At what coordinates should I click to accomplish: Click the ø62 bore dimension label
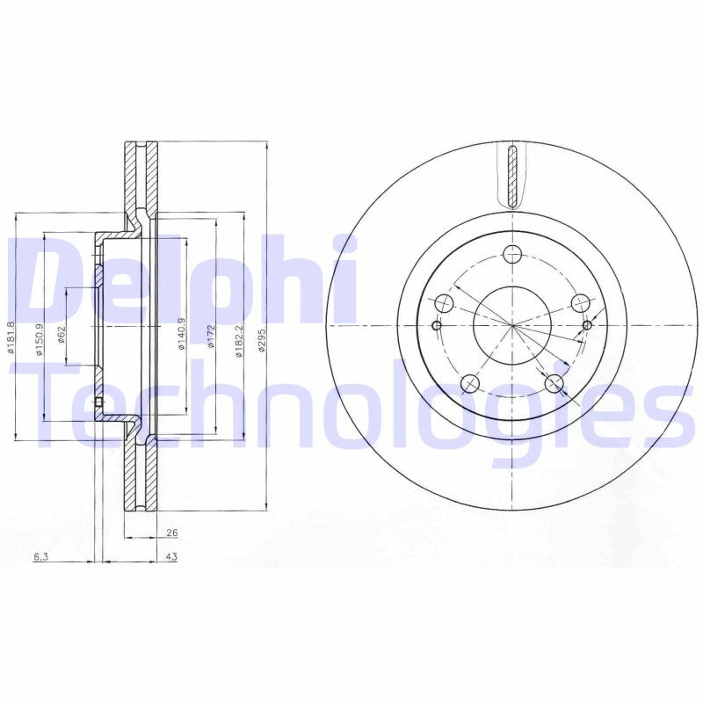point(62,335)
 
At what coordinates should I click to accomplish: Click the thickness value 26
point(171,533)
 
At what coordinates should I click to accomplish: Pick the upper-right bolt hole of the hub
point(579,302)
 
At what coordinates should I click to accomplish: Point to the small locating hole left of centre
point(437,325)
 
